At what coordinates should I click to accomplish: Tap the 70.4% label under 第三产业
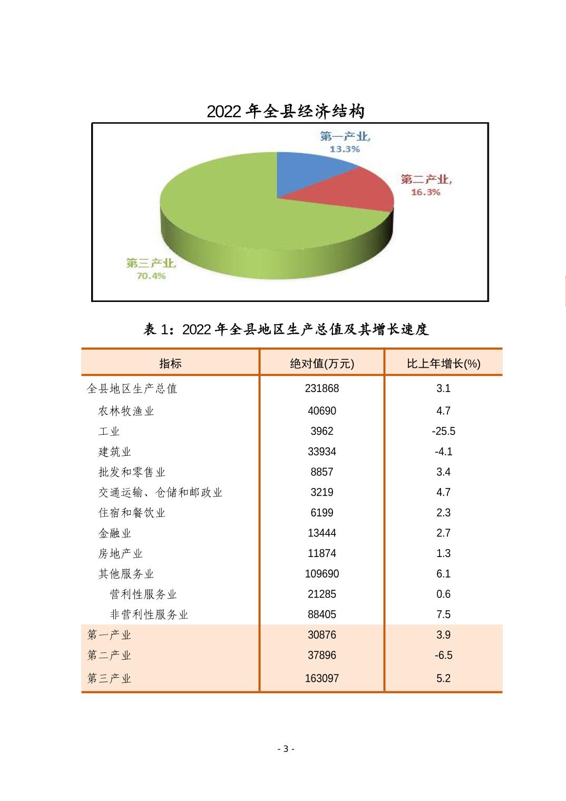point(151,276)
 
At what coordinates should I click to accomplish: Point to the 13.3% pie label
point(345,149)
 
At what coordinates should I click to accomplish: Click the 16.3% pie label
point(425,192)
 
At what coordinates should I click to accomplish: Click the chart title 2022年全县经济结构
point(285,111)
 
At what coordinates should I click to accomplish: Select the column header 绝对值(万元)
point(321,363)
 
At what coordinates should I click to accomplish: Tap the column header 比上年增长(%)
point(443,363)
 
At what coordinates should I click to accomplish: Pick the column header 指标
point(170,363)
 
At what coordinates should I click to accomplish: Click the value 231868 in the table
point(321,388)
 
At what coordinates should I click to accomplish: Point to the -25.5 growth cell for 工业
point(443,431)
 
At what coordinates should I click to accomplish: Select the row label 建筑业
point(114,452)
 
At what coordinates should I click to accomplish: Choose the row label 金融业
point(114,533)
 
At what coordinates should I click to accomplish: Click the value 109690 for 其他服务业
point(321,574)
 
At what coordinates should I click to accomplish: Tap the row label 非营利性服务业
point(149,614)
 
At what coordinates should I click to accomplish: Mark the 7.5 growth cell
point(443,614)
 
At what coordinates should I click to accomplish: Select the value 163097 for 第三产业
point(321,678)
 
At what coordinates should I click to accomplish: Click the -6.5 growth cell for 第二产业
point(443,656)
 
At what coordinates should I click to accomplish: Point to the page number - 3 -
point(286,749)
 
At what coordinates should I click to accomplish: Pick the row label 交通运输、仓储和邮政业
point(160,493)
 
